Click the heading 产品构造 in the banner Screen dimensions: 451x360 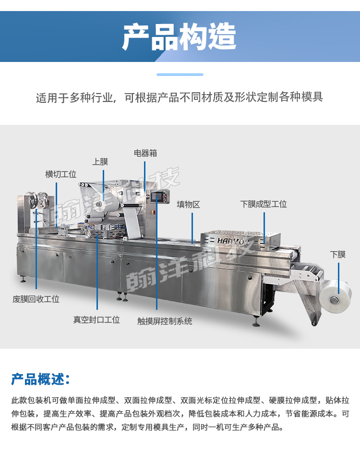[x=179, y=37]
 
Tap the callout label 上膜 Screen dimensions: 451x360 [x=100, y=162]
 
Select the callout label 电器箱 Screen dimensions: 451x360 [x=145, y=153]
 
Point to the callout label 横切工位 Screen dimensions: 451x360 [x=61, y=174]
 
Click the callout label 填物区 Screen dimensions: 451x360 [x=188, y=204]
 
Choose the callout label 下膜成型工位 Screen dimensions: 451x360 [x=264, y=204]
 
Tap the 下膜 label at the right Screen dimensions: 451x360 [x=337, y=255]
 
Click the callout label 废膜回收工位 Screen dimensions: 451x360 [x=36, y=299]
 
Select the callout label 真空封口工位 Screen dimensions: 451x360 [x=96, y=319]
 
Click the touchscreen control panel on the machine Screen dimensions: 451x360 [x=158, y=197]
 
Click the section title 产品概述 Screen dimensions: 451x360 [x=41, y=379]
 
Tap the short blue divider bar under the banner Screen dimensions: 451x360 [x=180, y=74]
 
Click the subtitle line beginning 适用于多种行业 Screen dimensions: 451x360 [x=180, y=97]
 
